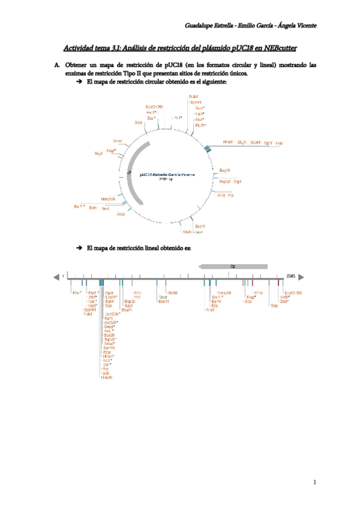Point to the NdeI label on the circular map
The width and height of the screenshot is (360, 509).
point(193,96)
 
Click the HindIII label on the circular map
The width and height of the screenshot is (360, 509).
point(228,142)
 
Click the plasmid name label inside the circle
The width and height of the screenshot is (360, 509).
point(163,174)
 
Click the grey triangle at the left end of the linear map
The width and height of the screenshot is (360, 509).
point(56,277)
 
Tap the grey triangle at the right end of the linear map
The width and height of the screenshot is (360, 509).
point(302,277)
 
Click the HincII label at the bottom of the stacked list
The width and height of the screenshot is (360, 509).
point(107,377)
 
